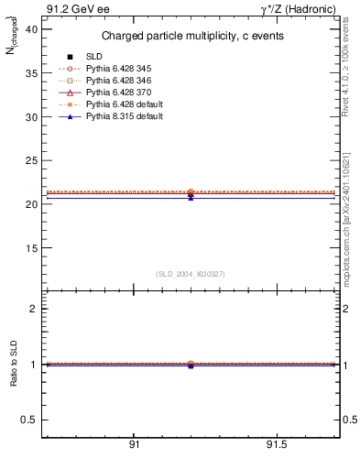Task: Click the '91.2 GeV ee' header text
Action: coord(71,8)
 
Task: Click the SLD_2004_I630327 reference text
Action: coord(191,274)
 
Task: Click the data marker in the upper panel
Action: coord(191,193)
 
